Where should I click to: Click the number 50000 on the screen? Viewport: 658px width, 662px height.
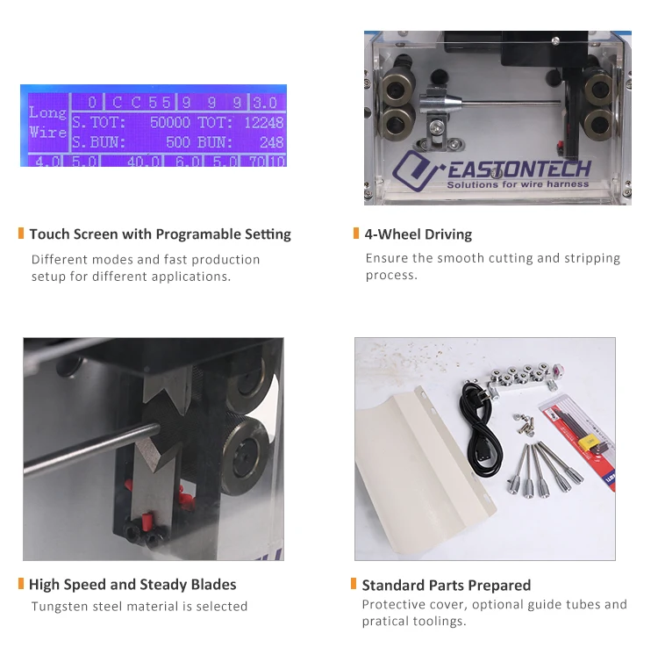tap(169, 123)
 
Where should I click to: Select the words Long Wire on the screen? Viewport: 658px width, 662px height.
tap(47, 122)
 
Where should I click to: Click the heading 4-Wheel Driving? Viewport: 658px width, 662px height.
tap(418, 234)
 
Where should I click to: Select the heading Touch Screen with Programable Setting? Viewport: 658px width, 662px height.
tap(160, 234)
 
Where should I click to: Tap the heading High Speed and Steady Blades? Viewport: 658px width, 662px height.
tap(132, 585)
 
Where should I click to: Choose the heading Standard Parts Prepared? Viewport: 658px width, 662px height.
tap(446, 585)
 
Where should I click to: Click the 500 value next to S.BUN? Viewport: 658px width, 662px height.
tap(178, 141)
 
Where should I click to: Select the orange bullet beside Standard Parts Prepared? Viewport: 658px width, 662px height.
tap(353, 584)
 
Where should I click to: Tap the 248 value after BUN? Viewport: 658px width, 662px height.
tap(271, 141)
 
